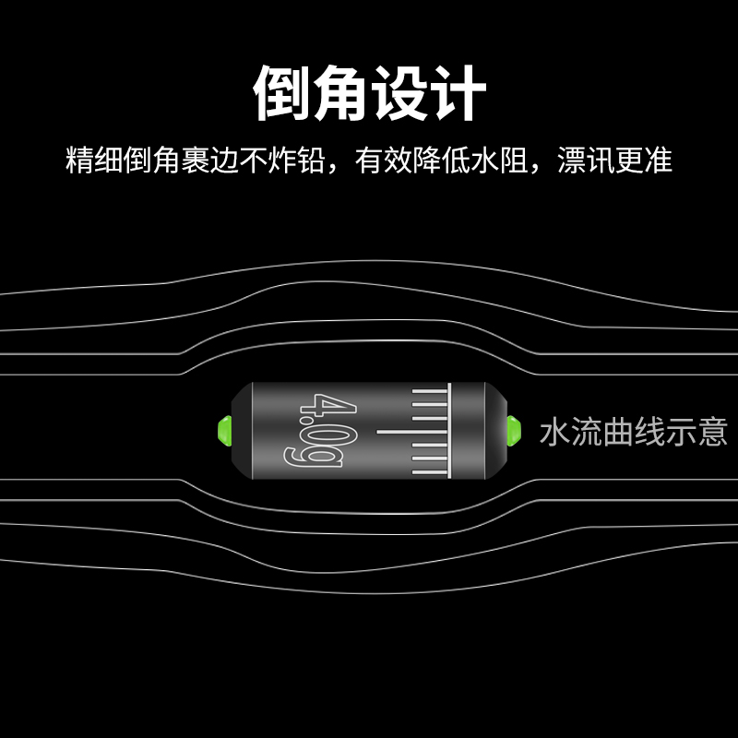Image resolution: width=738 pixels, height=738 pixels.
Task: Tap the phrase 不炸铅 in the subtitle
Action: coord(294,161)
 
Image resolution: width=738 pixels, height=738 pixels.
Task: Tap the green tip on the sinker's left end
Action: coord(222,431)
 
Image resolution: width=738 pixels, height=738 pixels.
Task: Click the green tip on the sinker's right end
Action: coord(514,429)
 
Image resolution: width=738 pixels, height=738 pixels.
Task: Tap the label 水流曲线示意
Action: coord(634,432)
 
